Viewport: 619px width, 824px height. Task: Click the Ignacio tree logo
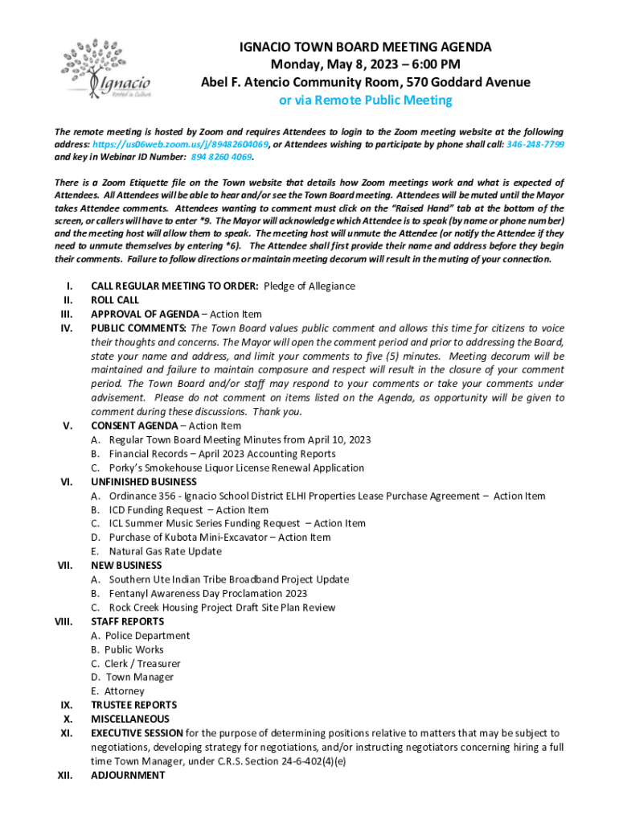105,68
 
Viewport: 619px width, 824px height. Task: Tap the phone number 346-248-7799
535,144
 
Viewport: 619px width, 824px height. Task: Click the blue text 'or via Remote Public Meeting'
365,101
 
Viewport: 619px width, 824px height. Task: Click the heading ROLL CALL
115,300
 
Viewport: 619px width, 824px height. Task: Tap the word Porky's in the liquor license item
128,468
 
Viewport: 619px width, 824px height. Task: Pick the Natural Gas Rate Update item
166,551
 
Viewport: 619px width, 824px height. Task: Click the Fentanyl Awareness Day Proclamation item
207,593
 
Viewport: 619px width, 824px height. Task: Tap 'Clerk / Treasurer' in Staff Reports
142,664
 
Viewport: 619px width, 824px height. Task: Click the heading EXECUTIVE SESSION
137,733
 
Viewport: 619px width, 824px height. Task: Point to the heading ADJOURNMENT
128,775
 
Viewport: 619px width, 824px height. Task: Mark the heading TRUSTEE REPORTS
133,705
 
